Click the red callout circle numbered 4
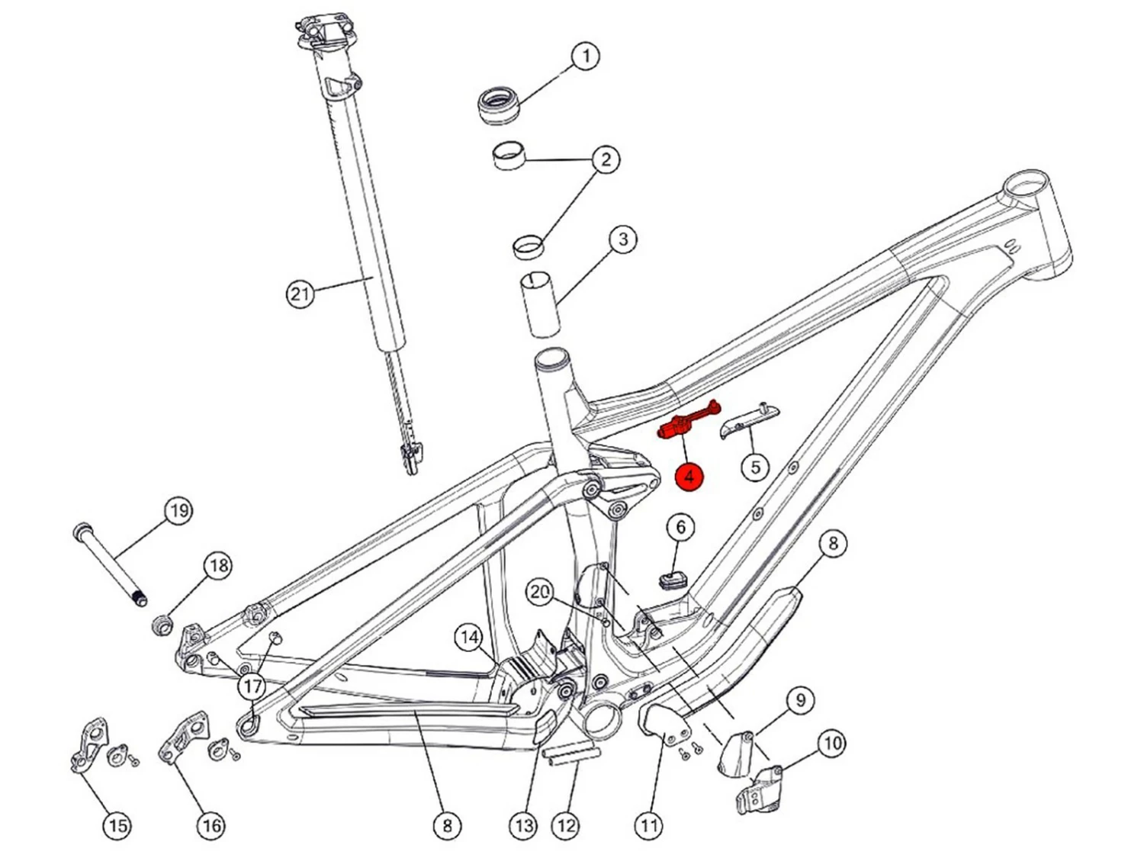[689, 476]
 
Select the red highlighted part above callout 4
[689, 420]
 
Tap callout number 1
[586, 56]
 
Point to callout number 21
[300, 294]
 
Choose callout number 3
[623, 239]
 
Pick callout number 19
[178, 510]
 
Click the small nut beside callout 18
[162, 625]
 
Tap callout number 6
[680, 527]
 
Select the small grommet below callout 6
[673, 580]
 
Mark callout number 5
[755, 466]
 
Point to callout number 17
[252, 686]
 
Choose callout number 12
[566, 825]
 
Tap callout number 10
[832, 743]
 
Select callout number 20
[541, 593]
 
